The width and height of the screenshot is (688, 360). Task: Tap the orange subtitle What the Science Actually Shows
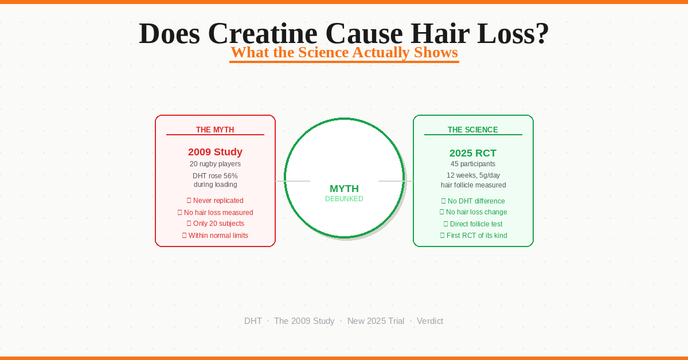click(x=344, y=53)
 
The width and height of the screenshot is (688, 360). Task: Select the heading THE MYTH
click(x=215, y=130)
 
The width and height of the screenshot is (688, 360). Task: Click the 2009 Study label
click(x=215, y=152)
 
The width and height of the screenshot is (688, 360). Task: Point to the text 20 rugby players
click(x=215, y=164)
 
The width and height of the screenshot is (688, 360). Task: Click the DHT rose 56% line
click(x=215, y=176)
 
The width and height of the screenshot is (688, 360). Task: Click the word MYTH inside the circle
click(x=344, y=189)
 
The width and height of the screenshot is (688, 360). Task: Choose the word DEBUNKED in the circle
click(x=344, y=199)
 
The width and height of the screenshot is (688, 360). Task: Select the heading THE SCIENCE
click(x=473, y=130)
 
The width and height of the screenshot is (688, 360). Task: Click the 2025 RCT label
click(x=473, y=153)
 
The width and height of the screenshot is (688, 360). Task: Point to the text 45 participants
click(x=473, y=164)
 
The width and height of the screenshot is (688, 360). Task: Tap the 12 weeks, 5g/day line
click(x=473, y=175)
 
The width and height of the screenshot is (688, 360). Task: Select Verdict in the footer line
click(x=430, y=321)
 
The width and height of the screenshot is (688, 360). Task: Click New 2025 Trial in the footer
click(x=376, y=321)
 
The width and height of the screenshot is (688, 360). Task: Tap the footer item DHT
click(x=253, y=321)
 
